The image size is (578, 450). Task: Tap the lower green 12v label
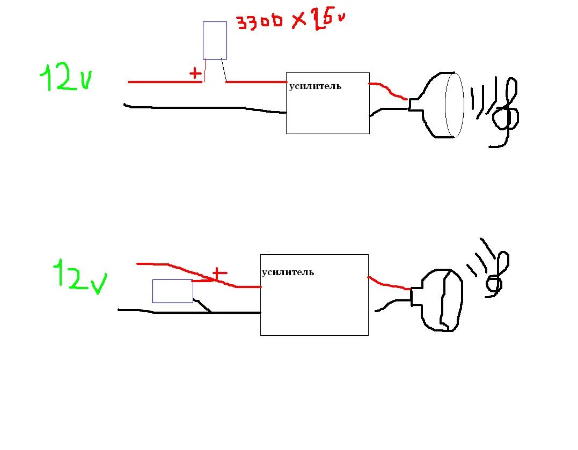pyautogui.click(x=79, y=276)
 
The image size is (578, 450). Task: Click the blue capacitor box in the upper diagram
pyautogui.click(x=215, y=40)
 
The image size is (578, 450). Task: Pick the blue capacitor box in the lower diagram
pyautogui.click(x=172, y=291)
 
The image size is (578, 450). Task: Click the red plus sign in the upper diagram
pyautogui.click(x=196, y=73)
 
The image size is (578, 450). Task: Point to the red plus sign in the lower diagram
pyautogui.click(x=218, y=274)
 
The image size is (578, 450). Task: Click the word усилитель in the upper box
pyautogui.click(x=314, y=86)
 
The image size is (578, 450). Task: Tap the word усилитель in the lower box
pyautogui.click(x=288, y=272)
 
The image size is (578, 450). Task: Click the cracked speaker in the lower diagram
pyautogui.click(x=441, y=300)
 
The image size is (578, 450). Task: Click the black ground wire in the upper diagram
pyautogui.click(x=204, y=107)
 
